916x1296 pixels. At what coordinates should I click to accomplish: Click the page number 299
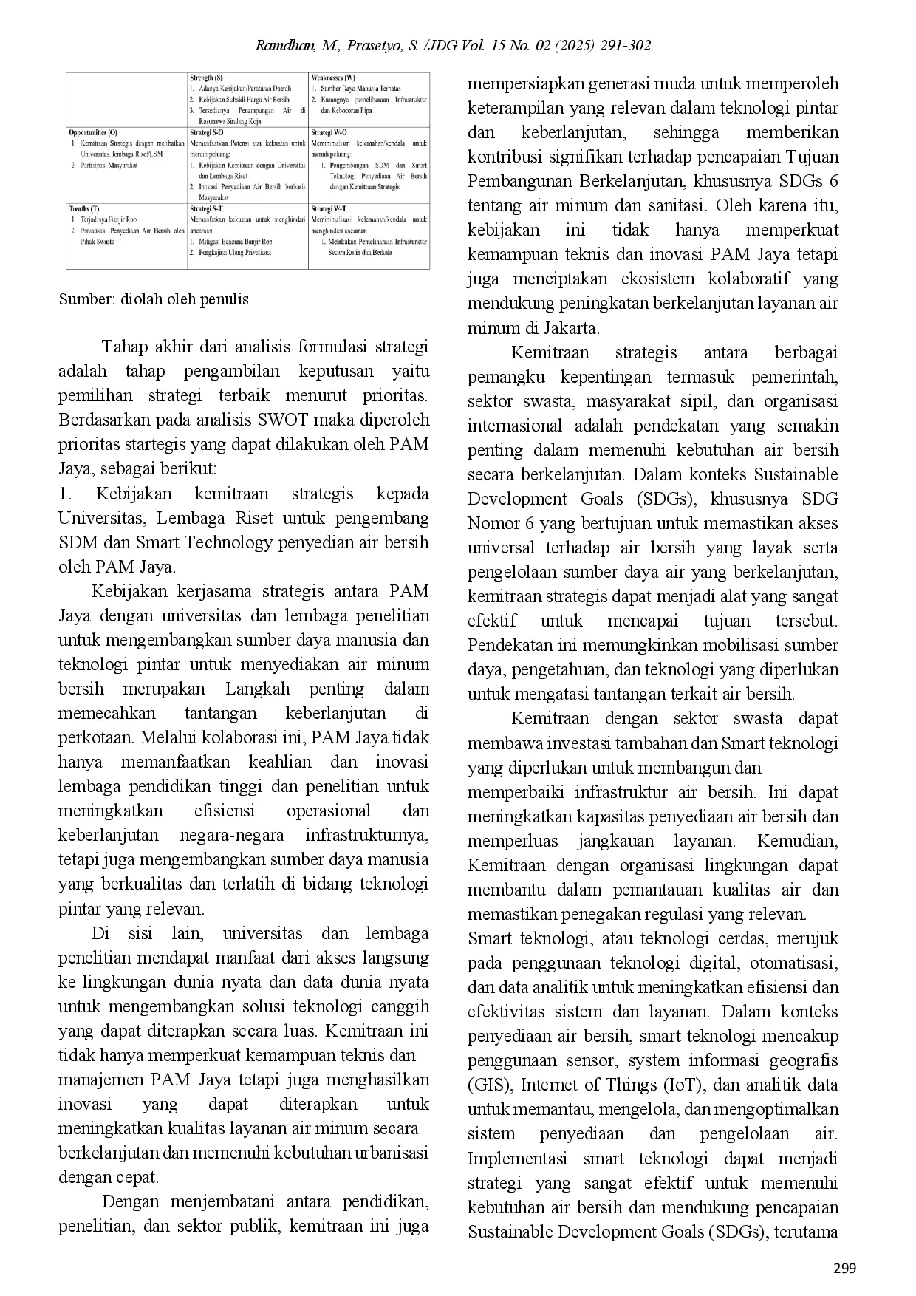pos(844,1269)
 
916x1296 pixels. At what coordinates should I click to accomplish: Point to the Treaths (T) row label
pos(84,209)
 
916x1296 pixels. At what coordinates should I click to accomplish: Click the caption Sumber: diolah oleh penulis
pos(154,299)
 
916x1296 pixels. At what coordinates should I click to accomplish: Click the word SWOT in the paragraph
pos(281,420)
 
